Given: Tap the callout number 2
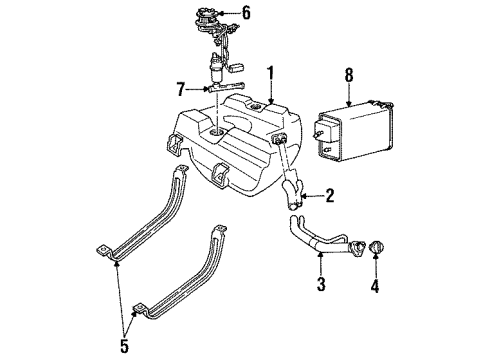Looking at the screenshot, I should [x=331, y=197].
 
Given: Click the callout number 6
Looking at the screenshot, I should [x=247, y=13].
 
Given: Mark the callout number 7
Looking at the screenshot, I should [x=180, y=88].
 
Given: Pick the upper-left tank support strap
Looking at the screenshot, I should [x=145, y=220].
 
